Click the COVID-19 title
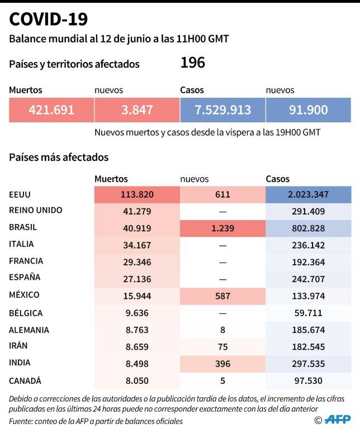pos(49,20)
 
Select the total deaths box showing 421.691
pos(51,110)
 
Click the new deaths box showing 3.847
pos(136,110)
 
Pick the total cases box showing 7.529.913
pos(222,110)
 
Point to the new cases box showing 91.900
pos(308,110)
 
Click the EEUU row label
pos(20,195)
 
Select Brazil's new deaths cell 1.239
pos(222,228)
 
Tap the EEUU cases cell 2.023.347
pos(308,195)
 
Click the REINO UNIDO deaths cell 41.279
pos(136,211)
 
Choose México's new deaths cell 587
pos(222,295)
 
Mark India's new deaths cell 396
pos(222,364)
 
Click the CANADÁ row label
pos(26,381)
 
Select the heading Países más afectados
pos(59,158)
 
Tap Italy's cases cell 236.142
pos(308,245)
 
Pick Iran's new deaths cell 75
pos(222,347)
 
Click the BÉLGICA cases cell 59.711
pos(308,313)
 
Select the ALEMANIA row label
pos(29,330)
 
